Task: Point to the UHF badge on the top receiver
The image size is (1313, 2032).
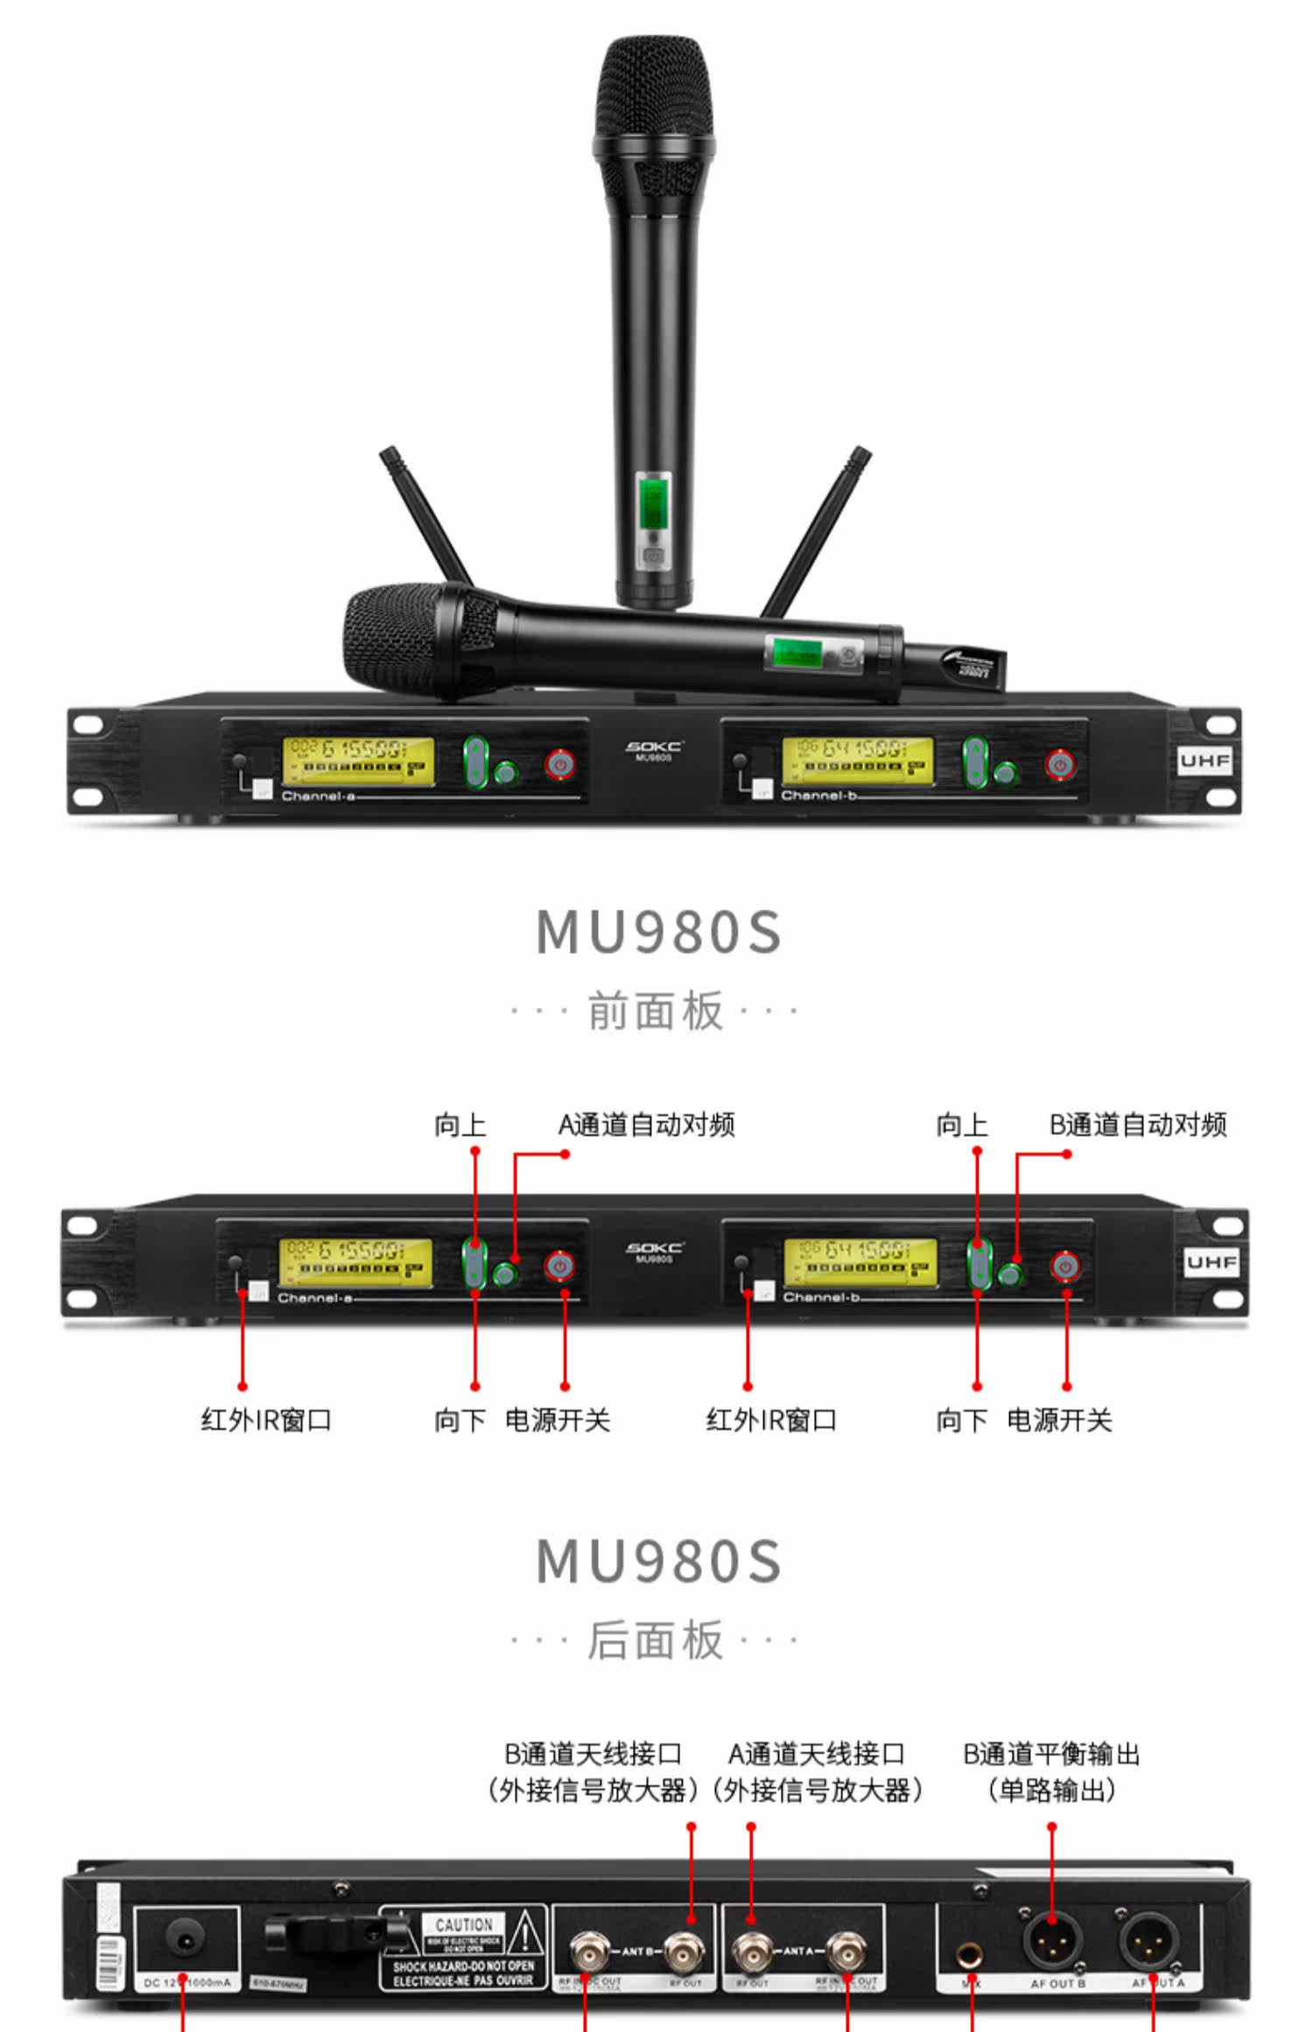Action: (1204, 760)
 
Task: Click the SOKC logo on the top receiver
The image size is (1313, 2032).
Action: (653, 746)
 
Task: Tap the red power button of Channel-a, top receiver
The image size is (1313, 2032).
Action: (560, 764)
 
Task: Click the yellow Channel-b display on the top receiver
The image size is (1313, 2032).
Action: (857, 760)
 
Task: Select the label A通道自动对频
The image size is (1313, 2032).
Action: (646, 1125)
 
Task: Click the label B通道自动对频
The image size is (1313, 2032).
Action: (1138, 1125)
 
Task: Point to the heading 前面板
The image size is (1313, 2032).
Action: (656, 1012)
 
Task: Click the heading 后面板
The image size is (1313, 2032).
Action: (656, 1640)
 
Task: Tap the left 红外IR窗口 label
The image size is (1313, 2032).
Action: (266, 1419)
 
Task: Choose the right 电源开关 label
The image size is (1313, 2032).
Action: (1059, 1419)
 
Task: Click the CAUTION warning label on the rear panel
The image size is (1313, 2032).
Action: (464, 1924)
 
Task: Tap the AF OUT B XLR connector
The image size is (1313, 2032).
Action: (1052, 1941)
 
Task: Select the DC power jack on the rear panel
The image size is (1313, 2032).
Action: (186, 1940)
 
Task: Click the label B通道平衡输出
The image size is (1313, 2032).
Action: (1051, 1755)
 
